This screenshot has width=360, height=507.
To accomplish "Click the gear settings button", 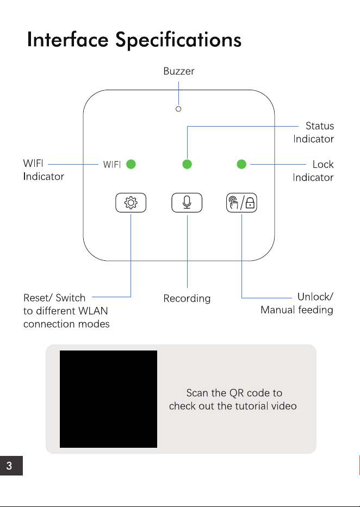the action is [x=131, y=203].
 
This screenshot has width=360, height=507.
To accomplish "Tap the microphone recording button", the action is [x=187, y=203].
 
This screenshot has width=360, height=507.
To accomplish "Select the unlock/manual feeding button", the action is [x=241, y=203].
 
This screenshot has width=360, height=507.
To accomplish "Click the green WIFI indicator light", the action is [x=131, y=164].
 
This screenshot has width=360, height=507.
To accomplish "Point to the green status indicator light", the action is [x=187, y=164].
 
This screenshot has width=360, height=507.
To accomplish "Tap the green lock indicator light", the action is [x=241, y=164].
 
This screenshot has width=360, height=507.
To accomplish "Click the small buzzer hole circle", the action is [x=178, y=109].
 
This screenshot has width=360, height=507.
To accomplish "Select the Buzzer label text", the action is [x=179, y=71].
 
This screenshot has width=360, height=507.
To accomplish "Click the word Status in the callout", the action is [x=320, y=126].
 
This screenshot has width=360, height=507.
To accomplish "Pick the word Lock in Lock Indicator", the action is [x=323, y=164].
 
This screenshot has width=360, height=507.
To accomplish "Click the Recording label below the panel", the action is [x=187, y=298].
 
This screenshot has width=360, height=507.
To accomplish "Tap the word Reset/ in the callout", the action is [x=37, y=297].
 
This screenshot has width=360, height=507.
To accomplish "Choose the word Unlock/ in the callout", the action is [x=315, y=297].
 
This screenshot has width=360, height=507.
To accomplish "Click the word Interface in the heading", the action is [x=67, y=40].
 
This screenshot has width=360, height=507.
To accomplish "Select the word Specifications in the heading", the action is [x=178, y=40].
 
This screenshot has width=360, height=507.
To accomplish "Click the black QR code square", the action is [x=108, y=399].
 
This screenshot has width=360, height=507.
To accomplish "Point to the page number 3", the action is [x=9, y=466].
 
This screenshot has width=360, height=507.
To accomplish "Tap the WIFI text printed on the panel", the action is [x=112, y=165].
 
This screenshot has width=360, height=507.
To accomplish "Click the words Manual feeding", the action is [x=297, y=310].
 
